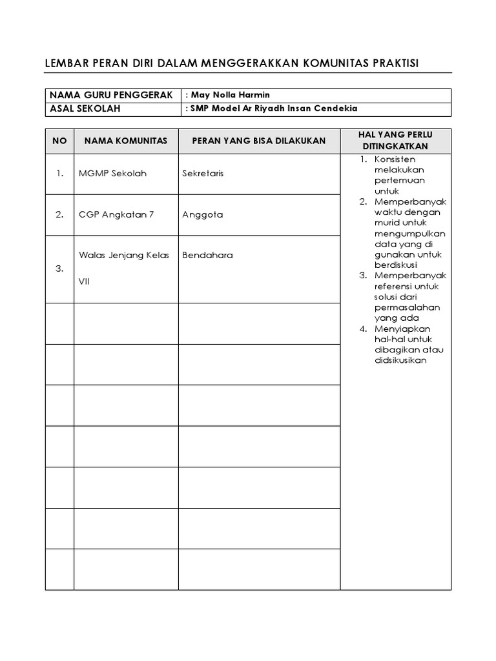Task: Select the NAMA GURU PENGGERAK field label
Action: [x=111, y=95]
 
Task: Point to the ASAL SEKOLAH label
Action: [x=85, y=108]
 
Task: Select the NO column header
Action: [x=59, y=141]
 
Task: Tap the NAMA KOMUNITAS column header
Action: [x=125, y=141]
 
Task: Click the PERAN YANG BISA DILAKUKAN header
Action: [x=258, y=141]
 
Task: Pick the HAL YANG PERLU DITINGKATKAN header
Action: [x=395, y=141]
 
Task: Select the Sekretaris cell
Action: [x=203, y=174]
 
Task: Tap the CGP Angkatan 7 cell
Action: [x=116, y=215]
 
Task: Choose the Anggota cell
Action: [x=202, y=215]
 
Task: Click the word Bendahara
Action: [x=207, y=255]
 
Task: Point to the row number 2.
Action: [x=59, y=215]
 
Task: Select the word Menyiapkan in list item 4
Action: [x=400, y=329]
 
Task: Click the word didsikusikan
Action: [x=400, y=360]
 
